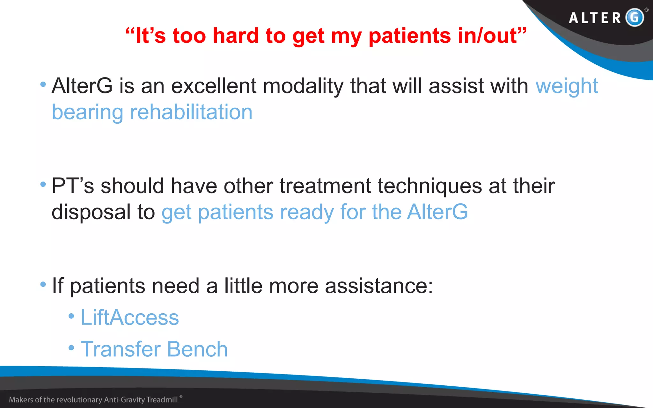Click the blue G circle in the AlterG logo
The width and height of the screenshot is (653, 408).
pos(635,17)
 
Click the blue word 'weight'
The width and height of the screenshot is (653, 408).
pos(567,86)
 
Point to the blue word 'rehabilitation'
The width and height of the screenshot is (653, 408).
pos(191,112)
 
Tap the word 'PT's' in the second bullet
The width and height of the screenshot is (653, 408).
pos(73,186)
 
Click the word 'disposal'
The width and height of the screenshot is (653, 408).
pos(91,212)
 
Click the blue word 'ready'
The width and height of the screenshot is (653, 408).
pos(306,212)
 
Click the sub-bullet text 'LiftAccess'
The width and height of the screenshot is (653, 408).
pos(129,317)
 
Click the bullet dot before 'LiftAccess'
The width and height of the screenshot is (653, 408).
pos(71,316)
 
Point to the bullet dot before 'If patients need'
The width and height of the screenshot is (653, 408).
pos(43,284)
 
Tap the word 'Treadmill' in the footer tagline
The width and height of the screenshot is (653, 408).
pos(162,400)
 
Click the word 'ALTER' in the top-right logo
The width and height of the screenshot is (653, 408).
pos(595,18)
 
